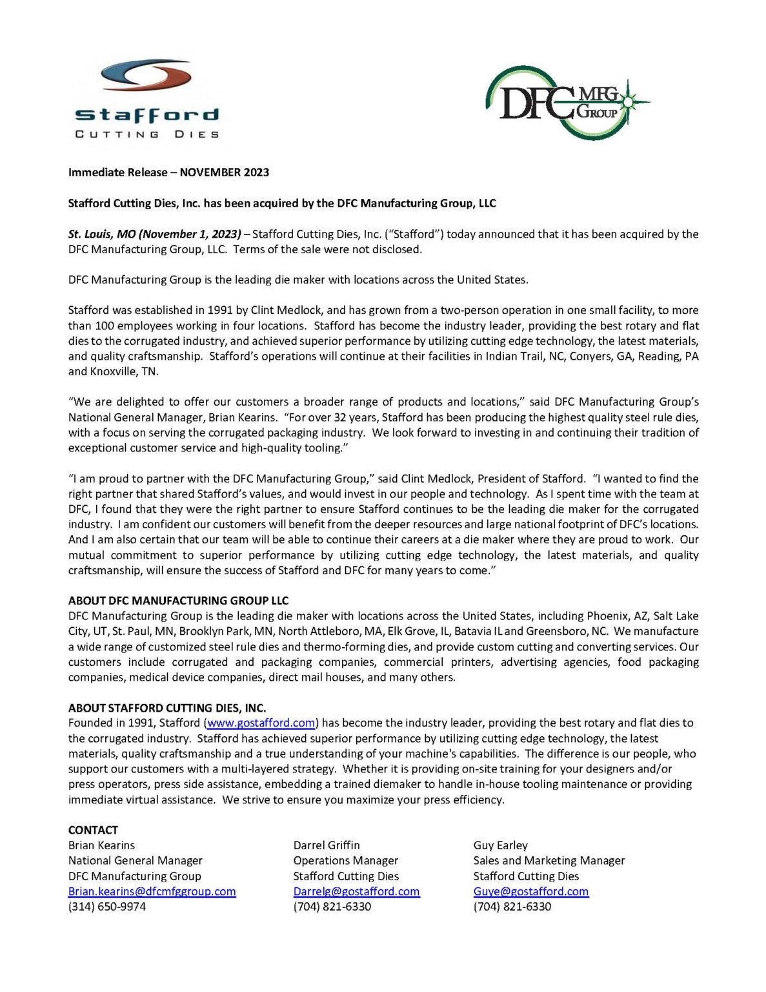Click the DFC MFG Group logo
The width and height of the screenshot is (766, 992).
tap(567, 103)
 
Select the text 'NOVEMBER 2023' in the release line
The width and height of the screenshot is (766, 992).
tap(224, 172)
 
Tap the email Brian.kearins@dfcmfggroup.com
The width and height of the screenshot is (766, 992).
tap(152, 891)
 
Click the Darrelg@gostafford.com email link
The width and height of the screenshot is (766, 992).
tap(356, 891)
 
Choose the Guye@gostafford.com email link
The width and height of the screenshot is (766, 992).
tap(530, 891)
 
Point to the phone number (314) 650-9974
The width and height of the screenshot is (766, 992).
tap(107, 907)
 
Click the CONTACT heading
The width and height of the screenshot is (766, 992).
tap(93, 830)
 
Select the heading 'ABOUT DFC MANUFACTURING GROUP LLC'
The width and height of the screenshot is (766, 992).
tap(178, 601)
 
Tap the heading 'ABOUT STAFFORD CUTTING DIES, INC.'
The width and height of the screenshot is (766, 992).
tap(167, 708)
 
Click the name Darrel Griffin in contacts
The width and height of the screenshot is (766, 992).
tap(327, 845)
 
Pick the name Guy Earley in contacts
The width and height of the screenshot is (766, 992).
tap(500, 845)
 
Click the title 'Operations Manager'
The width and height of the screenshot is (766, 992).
tap(345, 861)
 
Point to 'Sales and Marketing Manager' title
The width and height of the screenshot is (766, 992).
tap(549, 861)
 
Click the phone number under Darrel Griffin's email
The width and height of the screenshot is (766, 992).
tap(332, 907)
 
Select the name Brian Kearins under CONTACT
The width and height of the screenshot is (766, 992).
tap(101, 845)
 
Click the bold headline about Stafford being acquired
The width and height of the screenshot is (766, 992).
tap(282, 203)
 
